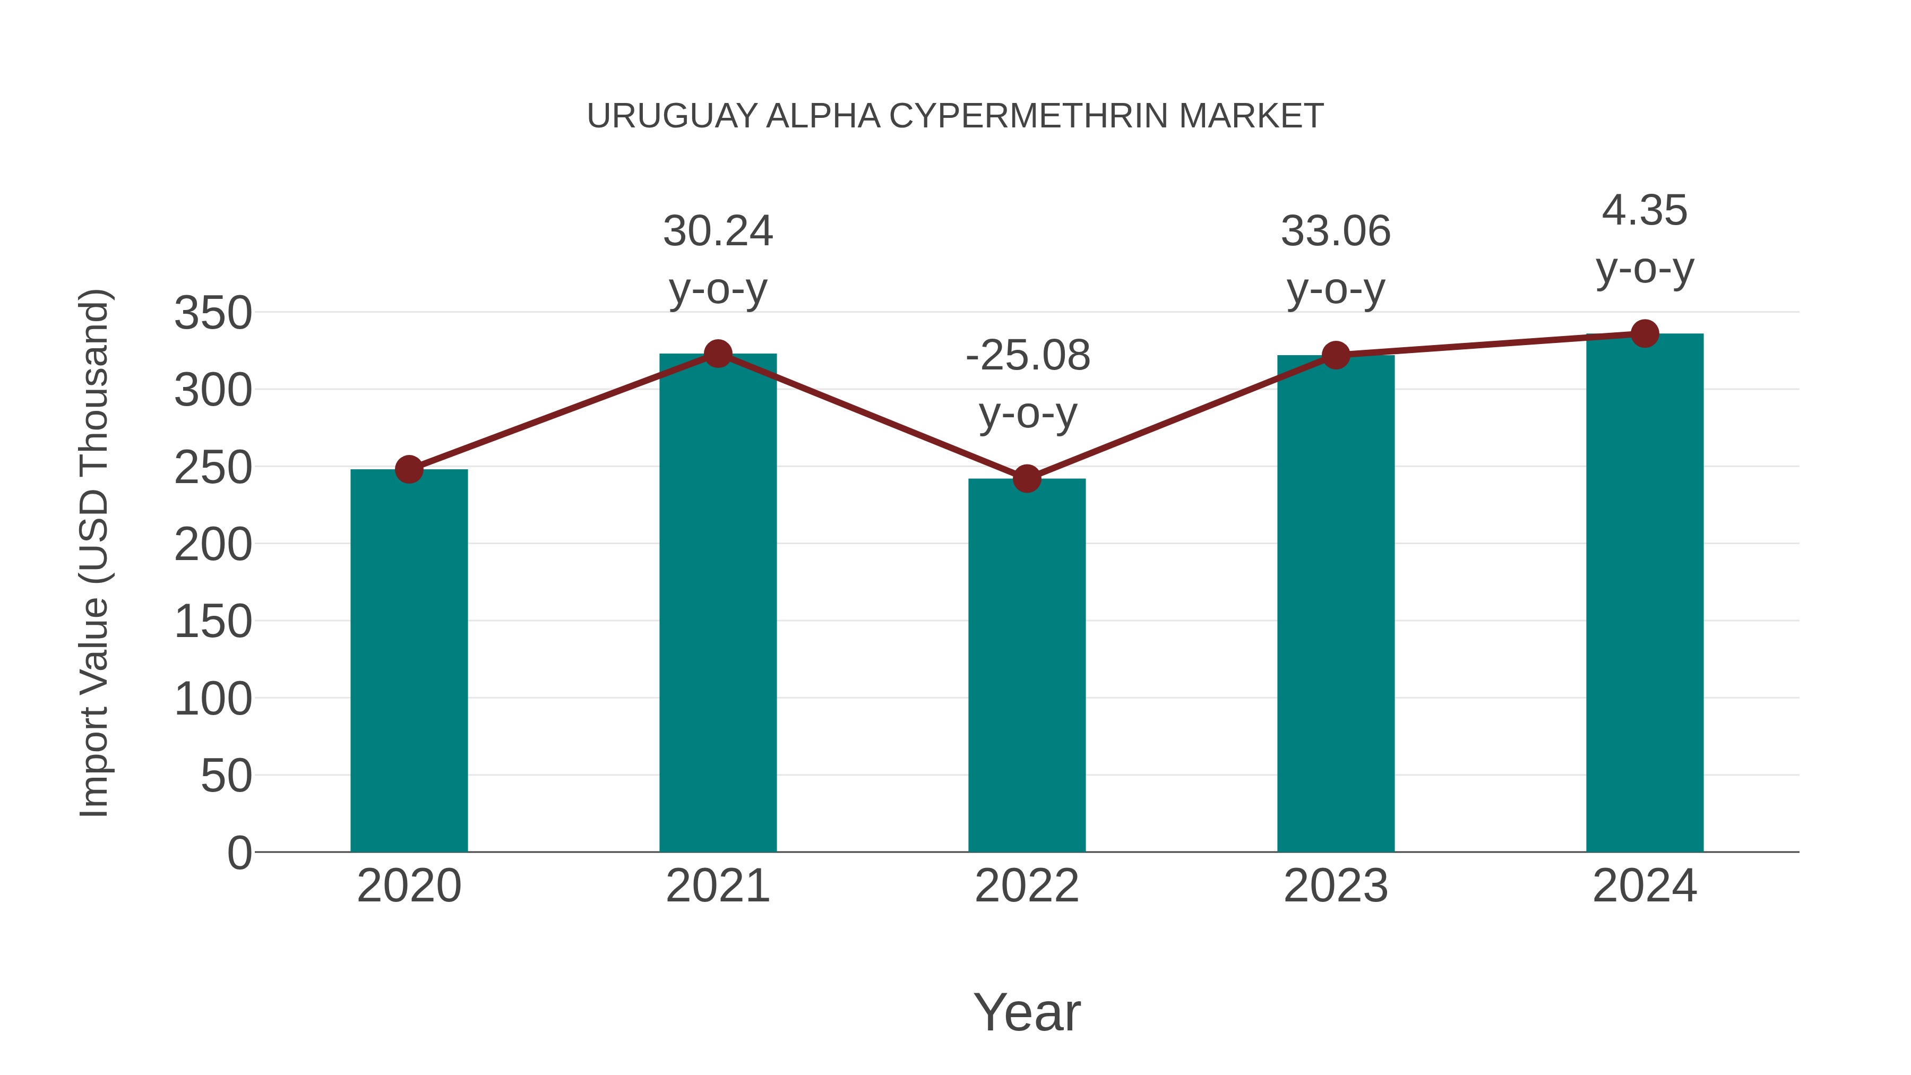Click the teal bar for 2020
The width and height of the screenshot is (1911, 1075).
pyautogui.click(x=409, y=660)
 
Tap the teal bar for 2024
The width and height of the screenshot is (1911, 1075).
pyautogui.click(x=1645, y=593)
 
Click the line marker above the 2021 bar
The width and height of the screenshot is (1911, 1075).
pyautogui.click(x=717, y=354)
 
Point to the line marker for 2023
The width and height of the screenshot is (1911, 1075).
pyautogui.click(x=1336, y=355)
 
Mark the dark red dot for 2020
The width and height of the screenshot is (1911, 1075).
pyautogui.click(x=409, y=469)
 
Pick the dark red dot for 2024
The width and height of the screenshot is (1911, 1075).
pyautogui.click(x=1645, y=334)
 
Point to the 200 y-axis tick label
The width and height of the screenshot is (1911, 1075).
pyautogui.click(x=213, y=545)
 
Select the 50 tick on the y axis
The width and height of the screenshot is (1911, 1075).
pyautogui.click(x=226, y=776)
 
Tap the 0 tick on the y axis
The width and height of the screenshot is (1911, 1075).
pyautogui.click(x=239, y=853)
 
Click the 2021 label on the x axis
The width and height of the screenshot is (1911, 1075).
pyautogui.click(x=717, y=886)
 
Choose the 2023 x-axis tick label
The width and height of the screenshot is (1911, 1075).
pyautogui.click(x=1336, y=886)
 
